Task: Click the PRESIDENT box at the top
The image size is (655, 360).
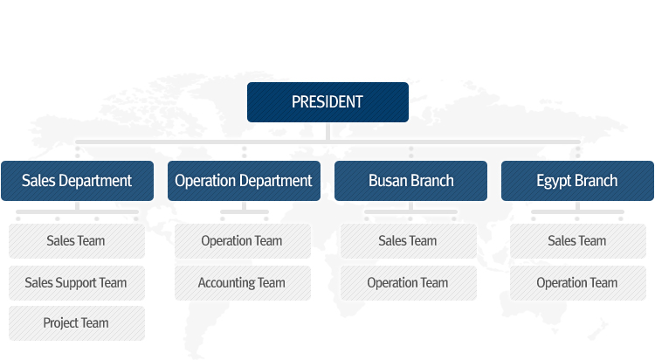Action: [327, 102]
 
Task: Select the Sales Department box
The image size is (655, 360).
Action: [77, 181]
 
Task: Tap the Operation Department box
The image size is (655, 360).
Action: [244, 181]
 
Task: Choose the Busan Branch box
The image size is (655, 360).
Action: [410, 181]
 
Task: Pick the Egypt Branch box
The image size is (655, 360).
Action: [577, 181]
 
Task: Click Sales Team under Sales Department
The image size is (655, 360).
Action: [77, 241]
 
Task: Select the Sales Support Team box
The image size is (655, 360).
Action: [77, 282]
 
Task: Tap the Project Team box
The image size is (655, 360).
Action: [77, 323]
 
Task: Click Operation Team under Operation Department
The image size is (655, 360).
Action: [243, 241]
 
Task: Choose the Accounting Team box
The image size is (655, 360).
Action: [243, 282]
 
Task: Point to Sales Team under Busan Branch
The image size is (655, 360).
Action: [409, 241]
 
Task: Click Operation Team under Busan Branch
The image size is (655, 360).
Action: [409, 282]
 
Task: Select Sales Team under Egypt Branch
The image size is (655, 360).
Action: [578, 241]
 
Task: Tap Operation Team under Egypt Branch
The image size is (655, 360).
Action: [578, 282]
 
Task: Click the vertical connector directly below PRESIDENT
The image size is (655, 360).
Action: [327, 131]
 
